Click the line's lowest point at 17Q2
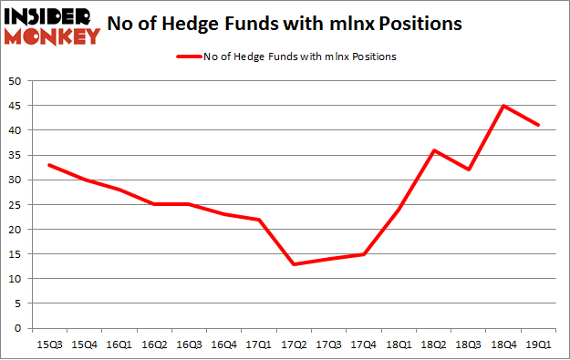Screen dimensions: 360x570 (294, 264)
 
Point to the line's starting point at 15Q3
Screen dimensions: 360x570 (48, 165)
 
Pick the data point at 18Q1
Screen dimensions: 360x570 (398, 210)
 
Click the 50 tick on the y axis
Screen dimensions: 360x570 (16, 81)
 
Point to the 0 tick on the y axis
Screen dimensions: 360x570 (19, 328)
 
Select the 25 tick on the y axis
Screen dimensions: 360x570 (16, 204)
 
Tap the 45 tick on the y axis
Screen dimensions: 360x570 (16, 106)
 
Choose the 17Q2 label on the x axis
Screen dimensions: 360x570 (294, 344)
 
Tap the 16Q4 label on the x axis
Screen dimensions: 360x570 (223, 344)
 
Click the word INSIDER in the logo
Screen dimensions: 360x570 (53, 15)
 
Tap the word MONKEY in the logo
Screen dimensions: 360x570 (53, 36)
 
